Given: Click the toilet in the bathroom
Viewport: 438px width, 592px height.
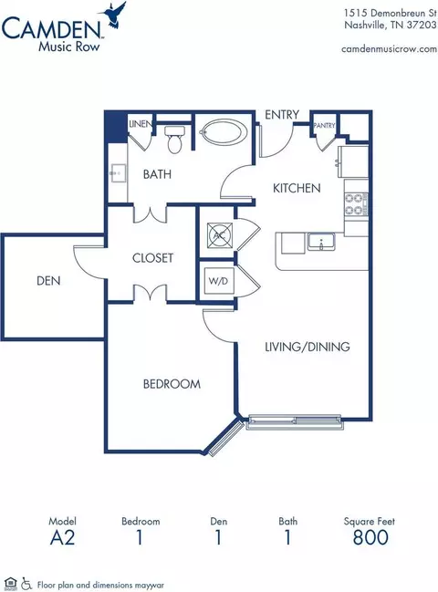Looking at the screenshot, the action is (x=174, y=140).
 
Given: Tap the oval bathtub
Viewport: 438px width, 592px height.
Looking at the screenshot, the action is (x=223, y=131).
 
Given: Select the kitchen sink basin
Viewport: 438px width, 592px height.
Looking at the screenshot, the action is (x=321, y=242).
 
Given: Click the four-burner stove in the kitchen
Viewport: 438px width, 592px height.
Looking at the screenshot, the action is (x=356, y=204).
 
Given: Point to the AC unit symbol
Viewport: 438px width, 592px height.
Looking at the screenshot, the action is (x=219, y=235).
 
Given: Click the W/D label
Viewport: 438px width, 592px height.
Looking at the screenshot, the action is (x=218, y=281).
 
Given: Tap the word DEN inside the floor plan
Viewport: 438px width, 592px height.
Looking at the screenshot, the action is (x=48, y=281).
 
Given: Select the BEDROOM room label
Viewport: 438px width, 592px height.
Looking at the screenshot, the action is (x=172, y=384).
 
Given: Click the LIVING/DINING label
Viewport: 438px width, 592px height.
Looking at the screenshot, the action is (x=308, y=347).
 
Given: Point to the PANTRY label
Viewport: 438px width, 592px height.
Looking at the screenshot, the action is (x=324, y=125).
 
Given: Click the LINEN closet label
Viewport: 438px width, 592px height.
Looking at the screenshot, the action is (x=141, y=124).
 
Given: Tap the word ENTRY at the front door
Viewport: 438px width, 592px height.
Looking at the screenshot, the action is (x=282, y=114).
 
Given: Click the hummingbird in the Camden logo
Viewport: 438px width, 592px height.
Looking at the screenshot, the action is (x=112, y=15).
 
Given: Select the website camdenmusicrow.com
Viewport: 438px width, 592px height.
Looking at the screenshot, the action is (x=389, y=49).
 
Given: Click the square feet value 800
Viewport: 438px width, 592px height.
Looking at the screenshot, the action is (x=370, y=537).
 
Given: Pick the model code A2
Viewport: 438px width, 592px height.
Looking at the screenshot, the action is (x=62, y=537).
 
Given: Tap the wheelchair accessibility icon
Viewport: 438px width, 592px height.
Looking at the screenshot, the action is (x=26, y=584).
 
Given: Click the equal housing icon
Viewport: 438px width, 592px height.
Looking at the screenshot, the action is (x=12, y=584).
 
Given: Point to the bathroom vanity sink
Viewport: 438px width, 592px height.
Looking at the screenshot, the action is (x=118, y=173).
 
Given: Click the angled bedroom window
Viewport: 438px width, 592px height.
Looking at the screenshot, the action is (x=226, y=438).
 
